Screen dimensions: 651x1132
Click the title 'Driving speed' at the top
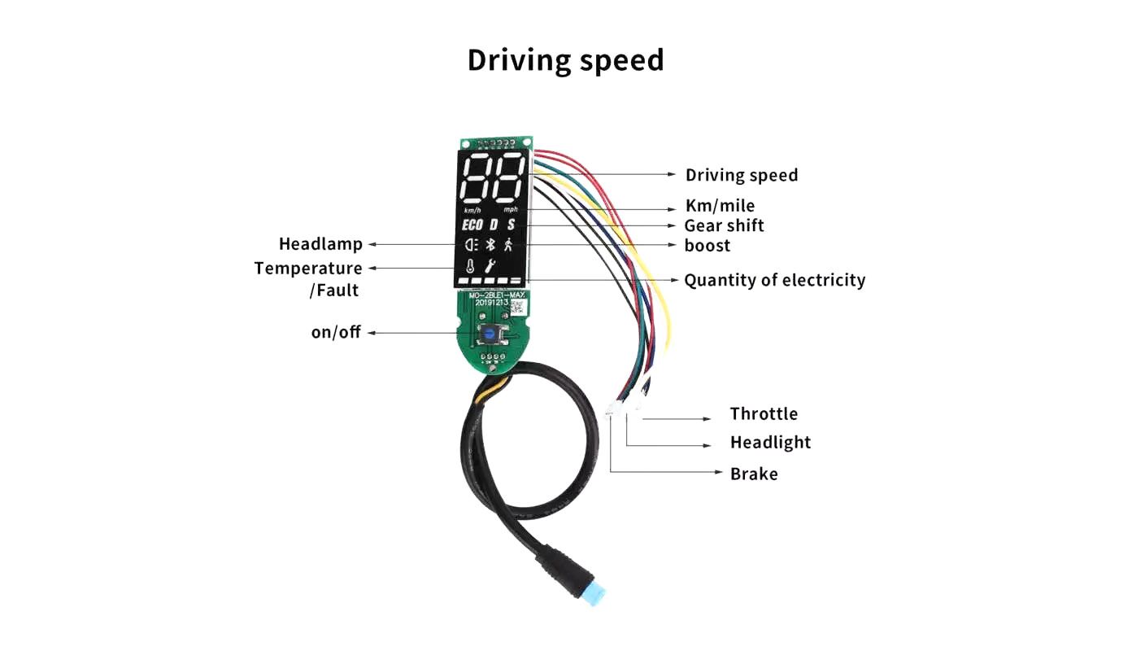[x=565, y=61]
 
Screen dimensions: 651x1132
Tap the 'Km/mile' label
[x=720, y=206]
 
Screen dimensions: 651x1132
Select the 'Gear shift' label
[x=724, y=225]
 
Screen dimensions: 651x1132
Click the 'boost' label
[x=707, y=246]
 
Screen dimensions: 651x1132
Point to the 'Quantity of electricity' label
[x=774, y=281]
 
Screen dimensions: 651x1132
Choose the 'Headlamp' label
[x=320, y=244]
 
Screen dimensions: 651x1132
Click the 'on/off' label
[x=336, y=333]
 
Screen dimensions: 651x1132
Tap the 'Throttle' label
[x=764, y=414]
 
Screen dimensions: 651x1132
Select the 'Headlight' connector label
[x=770, y=443]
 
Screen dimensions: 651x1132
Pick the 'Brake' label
[x=754, y=474]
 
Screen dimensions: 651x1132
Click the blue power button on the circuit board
[x=489, y=333]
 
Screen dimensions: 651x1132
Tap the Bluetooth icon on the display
[x=490, y=245]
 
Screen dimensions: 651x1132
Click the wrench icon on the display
[x=490, y=265]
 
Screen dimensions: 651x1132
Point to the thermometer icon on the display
[x=470, y=265]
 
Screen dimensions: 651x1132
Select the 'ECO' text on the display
[x=472, y=225]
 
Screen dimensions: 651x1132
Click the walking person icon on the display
[x=508, y=244]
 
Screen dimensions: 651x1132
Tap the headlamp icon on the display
[x=469, y=245]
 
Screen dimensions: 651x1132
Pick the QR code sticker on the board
[x=519, y=308]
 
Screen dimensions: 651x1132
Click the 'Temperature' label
[x=308, y=269]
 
